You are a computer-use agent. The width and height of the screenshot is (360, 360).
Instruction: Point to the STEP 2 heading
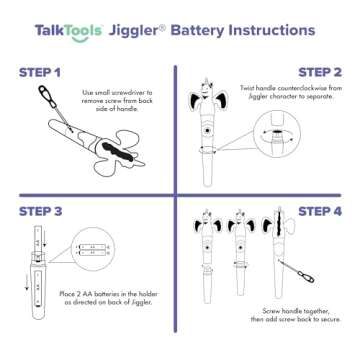pos(320,73)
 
